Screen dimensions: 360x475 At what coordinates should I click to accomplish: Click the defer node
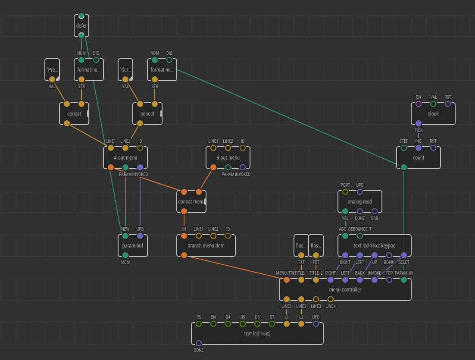click(x=81, y=25)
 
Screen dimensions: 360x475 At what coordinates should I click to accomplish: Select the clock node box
click(x=433, y=114)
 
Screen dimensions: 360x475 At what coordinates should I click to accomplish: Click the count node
click(x=418, y=158)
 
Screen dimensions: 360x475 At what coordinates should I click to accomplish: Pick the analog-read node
click(x=359, y=202)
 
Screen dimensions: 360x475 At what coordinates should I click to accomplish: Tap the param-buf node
click(x=132, y=246)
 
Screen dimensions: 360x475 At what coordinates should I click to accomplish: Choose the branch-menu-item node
click(x=206, y=246)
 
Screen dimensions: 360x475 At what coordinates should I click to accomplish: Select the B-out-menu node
click(x=228, y=158)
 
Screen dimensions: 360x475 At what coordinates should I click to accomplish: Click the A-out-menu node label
click(x=125, y=158)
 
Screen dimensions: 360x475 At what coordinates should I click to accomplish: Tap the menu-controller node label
click(x=345, y=290)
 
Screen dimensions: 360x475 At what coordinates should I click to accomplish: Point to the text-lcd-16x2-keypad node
click(x=374, y=246)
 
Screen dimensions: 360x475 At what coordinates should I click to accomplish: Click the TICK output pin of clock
click(x=419, y=123)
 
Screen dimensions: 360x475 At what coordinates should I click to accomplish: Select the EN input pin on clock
click(x=419, y=104)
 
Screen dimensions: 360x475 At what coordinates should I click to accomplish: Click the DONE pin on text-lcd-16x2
click(x=199, y=343)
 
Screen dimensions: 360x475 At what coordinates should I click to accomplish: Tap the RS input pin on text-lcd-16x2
click(x=199, y=324)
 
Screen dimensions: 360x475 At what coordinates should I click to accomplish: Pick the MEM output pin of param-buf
click(x=125, y=255)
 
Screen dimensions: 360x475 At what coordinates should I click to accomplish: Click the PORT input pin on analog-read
click(x=345, y=192)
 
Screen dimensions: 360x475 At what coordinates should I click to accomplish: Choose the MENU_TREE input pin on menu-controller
click(x=287, y=280)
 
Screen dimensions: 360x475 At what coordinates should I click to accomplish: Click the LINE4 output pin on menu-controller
click(x=331, y=299)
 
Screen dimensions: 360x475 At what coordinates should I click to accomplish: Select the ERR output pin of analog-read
click(x=375, y=211)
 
